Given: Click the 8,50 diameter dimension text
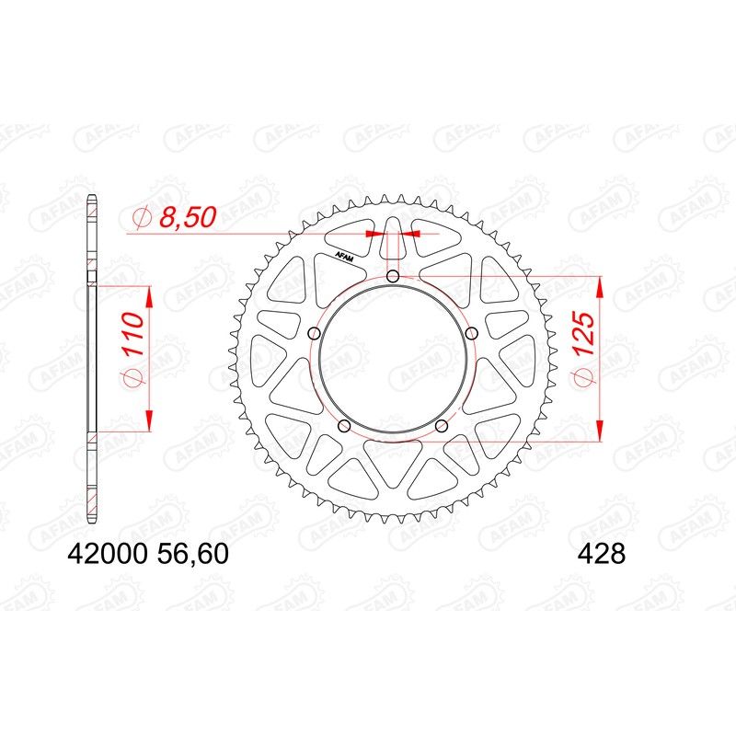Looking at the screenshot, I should (x=187, y=218).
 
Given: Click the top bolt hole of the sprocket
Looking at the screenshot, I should (x=393, y=277).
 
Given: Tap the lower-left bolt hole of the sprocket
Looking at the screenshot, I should (x=344, y=425).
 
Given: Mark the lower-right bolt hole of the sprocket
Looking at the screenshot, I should (x=442, y=425).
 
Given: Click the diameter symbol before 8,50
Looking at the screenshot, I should (x=141, y=219).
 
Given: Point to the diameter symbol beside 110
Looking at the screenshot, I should (x=132, y=378).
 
